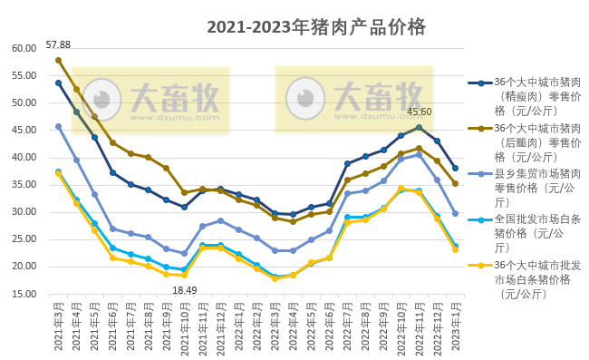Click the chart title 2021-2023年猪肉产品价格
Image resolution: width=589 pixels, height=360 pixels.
tap(315, 26)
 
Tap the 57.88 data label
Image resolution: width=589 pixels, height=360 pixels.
tap(58, 44)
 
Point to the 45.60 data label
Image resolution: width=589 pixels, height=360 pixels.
tap(419, 112)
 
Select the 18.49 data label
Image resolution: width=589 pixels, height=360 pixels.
tap(184, 289)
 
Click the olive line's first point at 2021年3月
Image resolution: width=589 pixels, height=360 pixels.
tap(58, 60)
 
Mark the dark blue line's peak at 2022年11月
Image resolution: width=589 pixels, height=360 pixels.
tap(419, 128)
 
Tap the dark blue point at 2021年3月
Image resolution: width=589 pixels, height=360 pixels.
tap(58, 83)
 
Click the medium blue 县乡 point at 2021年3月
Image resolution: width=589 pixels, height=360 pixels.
tap(58, 127)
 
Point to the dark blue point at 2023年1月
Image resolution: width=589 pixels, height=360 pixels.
tap(455, 169)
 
